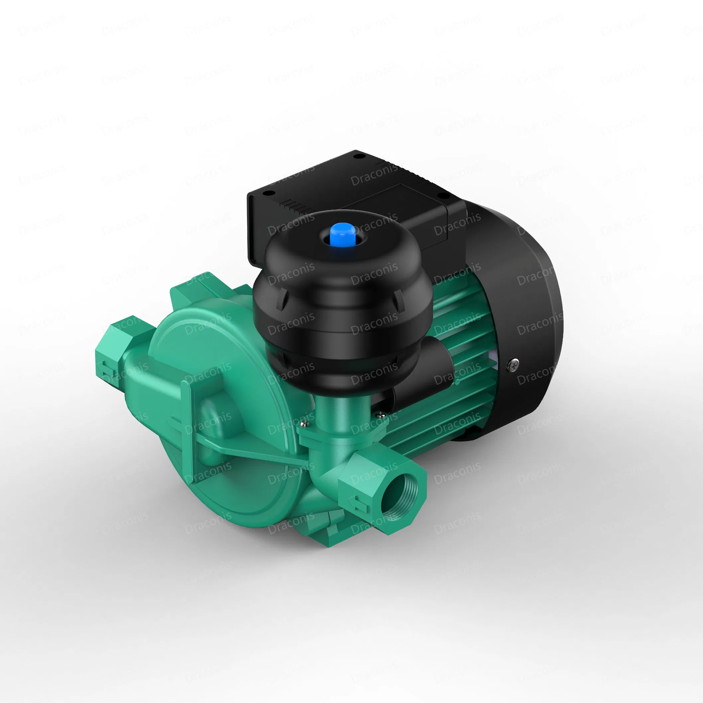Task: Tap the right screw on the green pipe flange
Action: click(x=380, y=413)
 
